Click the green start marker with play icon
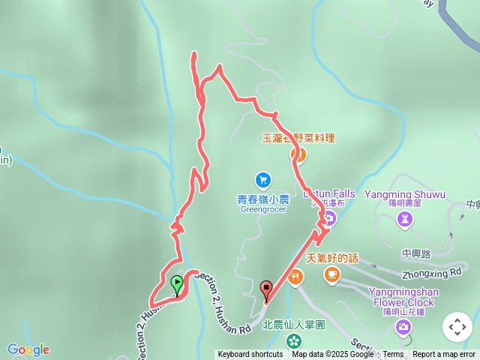tap(177, 284)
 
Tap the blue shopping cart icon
tap(262, 180)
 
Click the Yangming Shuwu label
tap(405, 194)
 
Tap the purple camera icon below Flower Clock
tap(404, 326)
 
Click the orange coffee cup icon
tap(331, 276)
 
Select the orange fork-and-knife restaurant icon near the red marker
tap(297, 277)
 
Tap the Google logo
tap(28, 349)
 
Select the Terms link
tap(393, 355)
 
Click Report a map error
tap(444, 355)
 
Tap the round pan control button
tap(457, 327)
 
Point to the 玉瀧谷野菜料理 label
tap(298, 138)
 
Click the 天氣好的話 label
tap(332, 258)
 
